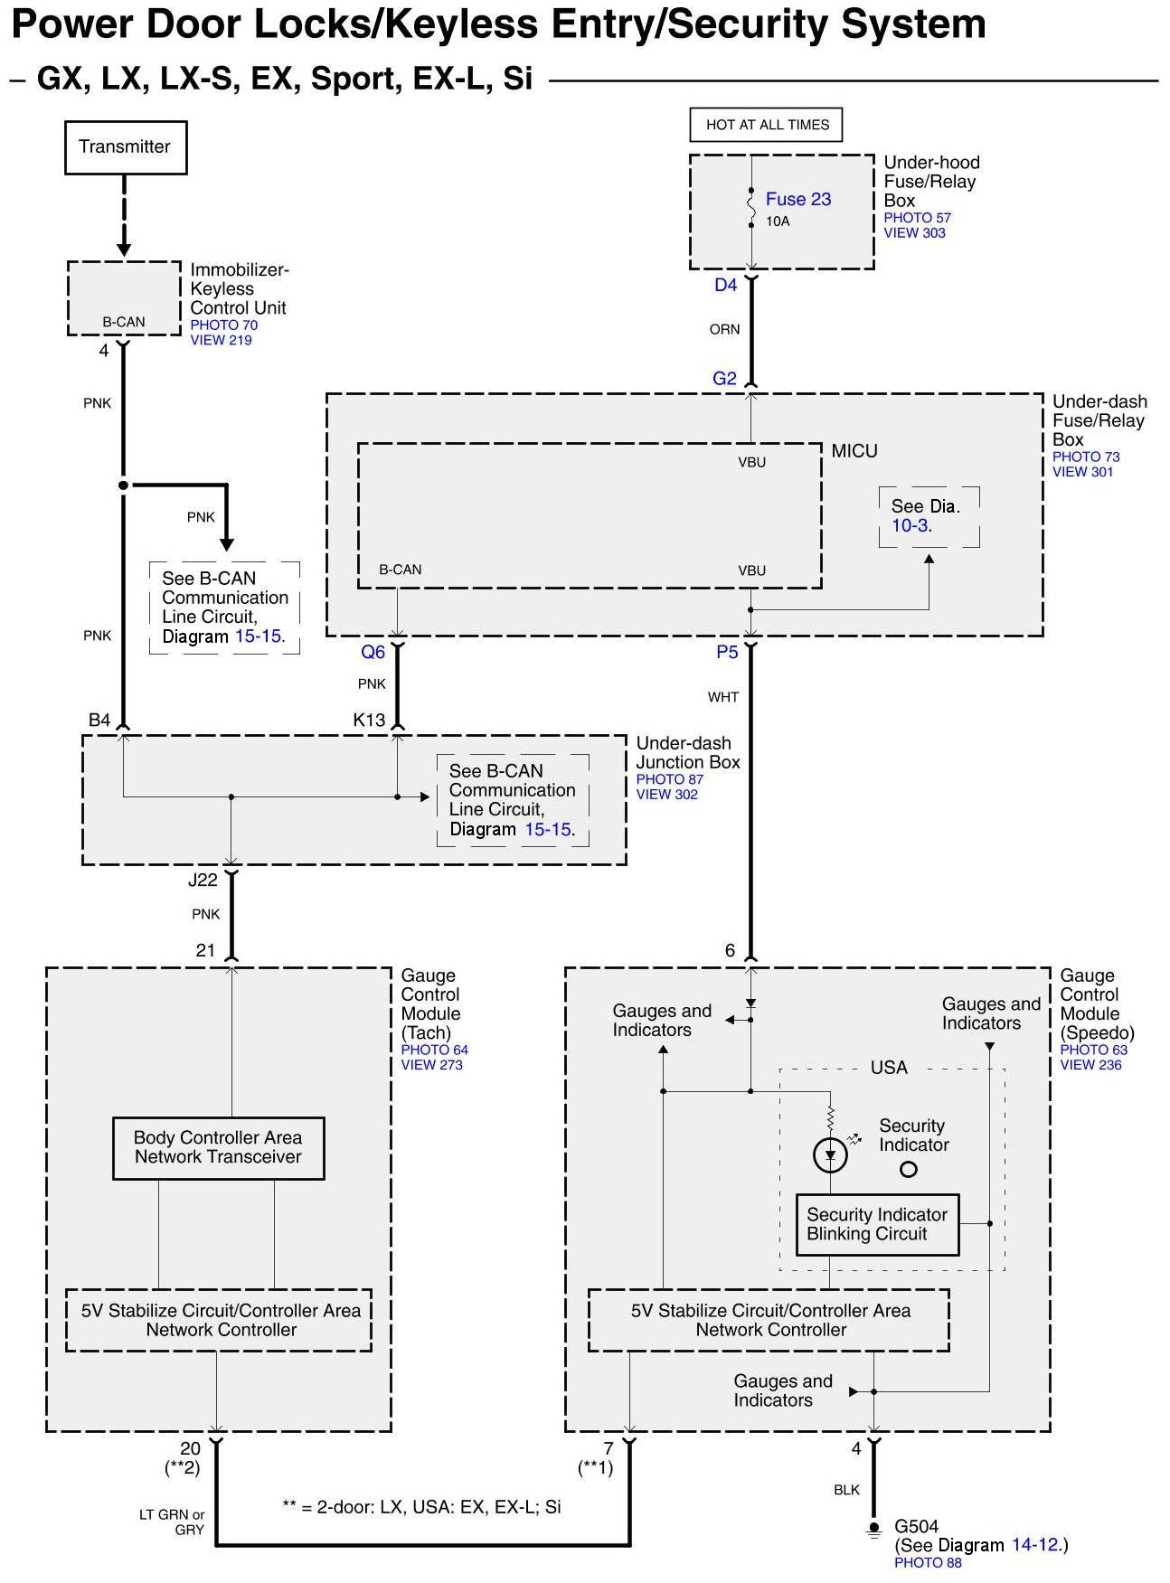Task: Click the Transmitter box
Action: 126,147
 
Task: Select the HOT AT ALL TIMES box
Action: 767,125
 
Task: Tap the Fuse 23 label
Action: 798,199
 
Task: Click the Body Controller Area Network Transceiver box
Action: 218,1148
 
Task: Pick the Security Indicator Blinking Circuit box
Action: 877,1225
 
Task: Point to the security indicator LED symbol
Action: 830,1154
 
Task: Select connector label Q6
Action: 373,653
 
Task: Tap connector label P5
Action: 727,653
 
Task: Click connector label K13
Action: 369,721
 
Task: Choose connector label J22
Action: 203,880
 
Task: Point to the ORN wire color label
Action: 724,330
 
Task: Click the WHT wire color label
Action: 723,697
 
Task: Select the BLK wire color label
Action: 846,1490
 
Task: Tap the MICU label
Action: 854,451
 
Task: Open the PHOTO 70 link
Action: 224,325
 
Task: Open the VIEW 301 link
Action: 1083,472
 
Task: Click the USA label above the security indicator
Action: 889,1068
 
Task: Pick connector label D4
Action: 726,286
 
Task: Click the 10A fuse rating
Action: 778,221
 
